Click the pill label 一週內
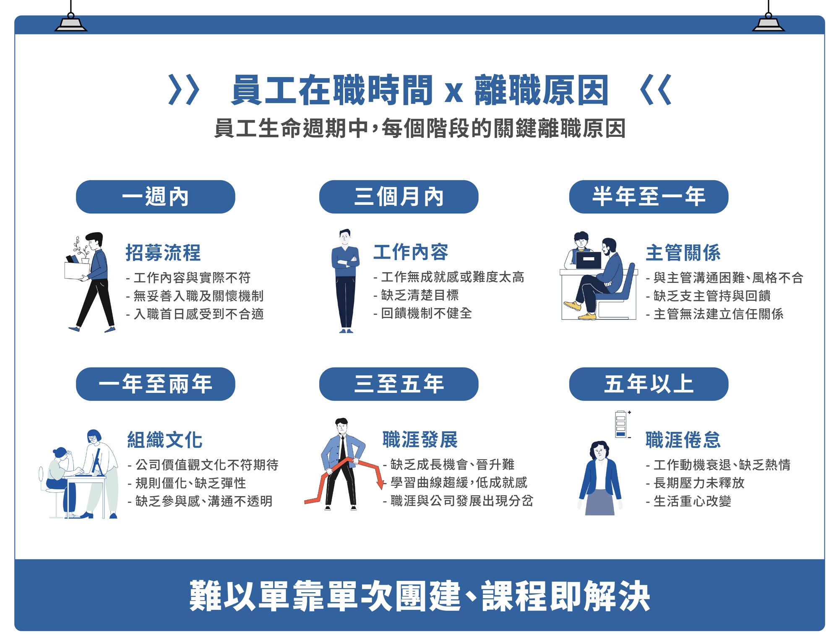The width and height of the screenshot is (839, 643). coord(155,197)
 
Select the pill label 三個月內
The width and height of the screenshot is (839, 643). coord(399,197)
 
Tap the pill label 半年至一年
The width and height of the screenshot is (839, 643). coord(649,197)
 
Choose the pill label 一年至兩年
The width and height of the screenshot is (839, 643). coord(155,384)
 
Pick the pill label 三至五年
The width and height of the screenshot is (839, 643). coord(399,384)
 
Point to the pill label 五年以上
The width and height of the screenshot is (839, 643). coord(649,384)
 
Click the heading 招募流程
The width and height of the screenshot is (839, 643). coord(163,253)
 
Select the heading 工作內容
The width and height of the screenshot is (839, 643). coord(411,252)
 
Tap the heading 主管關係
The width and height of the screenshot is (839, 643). coord(683,253)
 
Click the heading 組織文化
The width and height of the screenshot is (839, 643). coord(165,440)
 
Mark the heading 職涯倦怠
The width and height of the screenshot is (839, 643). coord(683,440)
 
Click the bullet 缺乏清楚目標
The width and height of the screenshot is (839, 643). coord(417,295)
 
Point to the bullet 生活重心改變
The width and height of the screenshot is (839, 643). coord(689,501)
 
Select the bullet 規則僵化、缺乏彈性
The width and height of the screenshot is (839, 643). coord(187,483)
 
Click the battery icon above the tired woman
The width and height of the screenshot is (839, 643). coord(621,424)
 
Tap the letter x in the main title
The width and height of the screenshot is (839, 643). coord(454,92)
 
